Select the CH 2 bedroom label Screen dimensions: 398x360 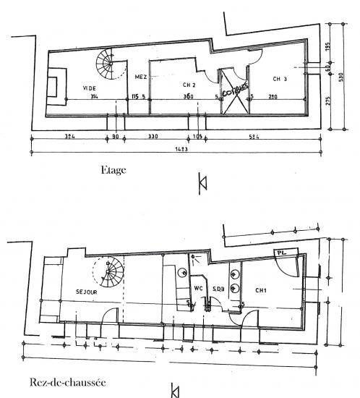pos(189,85)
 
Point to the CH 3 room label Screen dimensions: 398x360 pos(281,78)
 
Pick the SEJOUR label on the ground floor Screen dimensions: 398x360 pos(87,292)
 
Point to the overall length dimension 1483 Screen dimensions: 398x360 pos(181,150)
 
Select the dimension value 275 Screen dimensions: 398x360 pos(330,101)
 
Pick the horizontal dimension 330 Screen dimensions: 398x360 pos(153,136)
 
